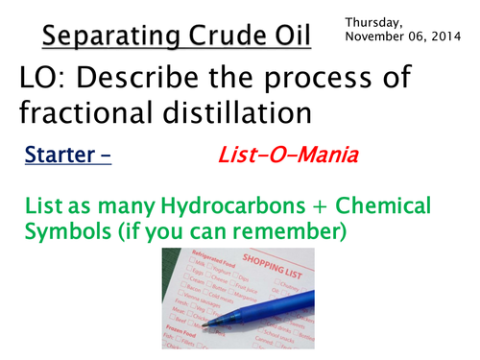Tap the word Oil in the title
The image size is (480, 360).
click(x=287, y=38)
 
